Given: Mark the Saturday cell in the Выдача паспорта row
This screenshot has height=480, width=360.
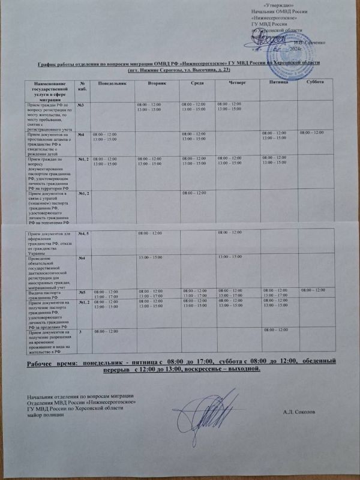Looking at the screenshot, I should [314, 290].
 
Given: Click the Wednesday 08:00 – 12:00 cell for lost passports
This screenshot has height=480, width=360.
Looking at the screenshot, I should [196, 192].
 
